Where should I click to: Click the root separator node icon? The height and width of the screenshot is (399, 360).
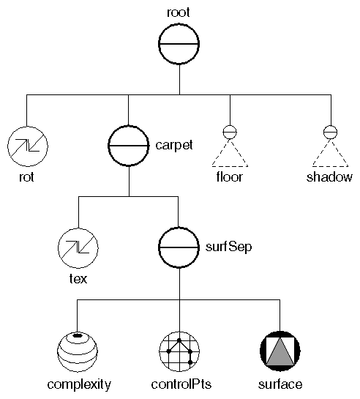(179, 45)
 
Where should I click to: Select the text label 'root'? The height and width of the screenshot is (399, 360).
(179, 12)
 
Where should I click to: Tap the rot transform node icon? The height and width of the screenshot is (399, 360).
(27, 146)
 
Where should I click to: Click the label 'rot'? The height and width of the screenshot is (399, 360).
(27, 176)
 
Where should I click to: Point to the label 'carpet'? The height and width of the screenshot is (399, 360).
(174, 145)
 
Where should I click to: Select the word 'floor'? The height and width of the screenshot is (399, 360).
(229, 176)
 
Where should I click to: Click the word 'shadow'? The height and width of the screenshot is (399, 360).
(330, 176)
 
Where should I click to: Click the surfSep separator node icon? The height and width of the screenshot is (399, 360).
(179, 247)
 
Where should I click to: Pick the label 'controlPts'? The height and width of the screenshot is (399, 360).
(179, 384)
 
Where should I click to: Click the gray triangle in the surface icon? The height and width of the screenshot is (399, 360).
(280, 355)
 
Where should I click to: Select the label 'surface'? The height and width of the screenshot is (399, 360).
(280, 384)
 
